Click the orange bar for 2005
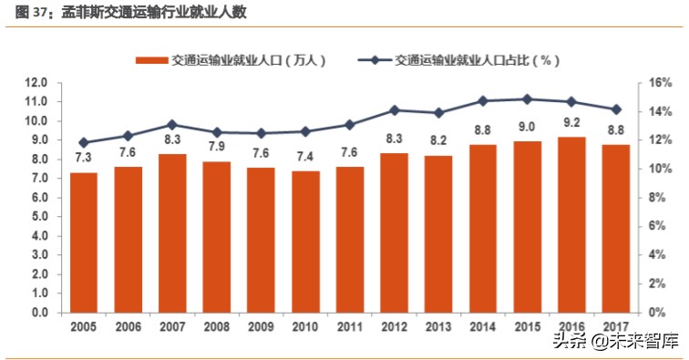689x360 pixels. point(84,242)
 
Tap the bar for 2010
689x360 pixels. point(305,241)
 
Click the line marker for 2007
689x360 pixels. point(172,125)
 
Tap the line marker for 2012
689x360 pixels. point(394,110)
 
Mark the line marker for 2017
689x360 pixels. point(616,109)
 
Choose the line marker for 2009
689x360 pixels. point(261,133)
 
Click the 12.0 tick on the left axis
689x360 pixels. point(36,83)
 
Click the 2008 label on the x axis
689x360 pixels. point(217,326)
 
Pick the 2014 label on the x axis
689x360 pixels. point(483,326)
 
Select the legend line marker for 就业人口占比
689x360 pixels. point(375,61)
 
